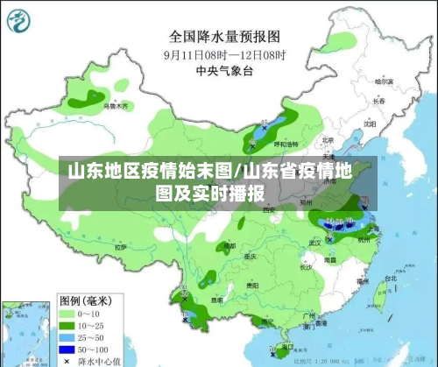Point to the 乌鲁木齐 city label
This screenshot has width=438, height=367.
[x=116, y=106]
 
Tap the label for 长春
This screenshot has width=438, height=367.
[x=379, y=101]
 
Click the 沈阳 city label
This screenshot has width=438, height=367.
[x=371, y=124]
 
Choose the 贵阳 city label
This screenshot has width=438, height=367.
[x=252, y=286]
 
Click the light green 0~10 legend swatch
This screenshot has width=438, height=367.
[x=67, y=312]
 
